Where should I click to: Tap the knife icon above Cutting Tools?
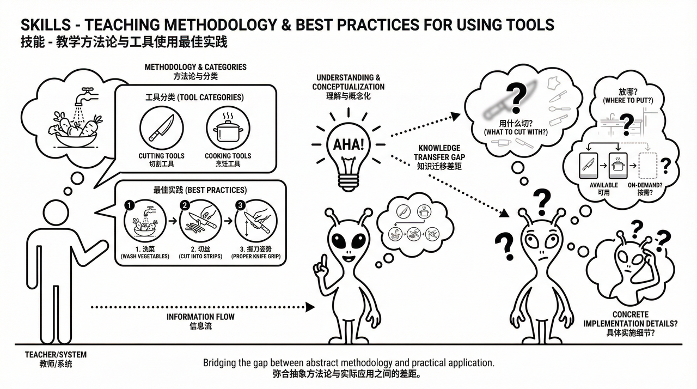[x=158, y=127]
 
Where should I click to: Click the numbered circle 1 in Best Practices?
[x=130, y=205]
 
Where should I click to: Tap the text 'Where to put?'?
[x=627, y=101]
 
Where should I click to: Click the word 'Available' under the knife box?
[x=603, y=185]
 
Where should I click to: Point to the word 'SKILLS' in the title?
[x=45, y=25]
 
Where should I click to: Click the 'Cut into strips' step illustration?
[x=200, y=224]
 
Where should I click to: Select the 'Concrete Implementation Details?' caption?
[x=630, y=319]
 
